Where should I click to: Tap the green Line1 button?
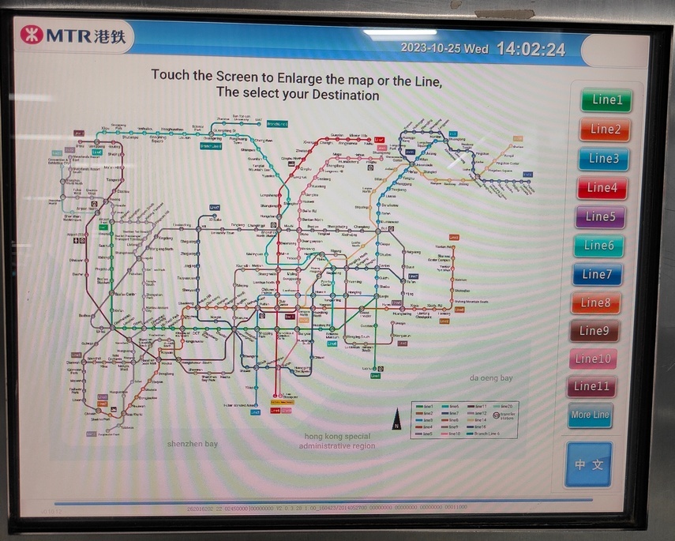(x=607, y=100)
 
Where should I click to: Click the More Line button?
(x=591, y=415)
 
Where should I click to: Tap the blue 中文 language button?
(x=588, y=464)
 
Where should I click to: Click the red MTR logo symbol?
(x=32, y=36)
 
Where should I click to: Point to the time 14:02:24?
(x=531, y=49)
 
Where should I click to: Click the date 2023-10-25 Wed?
(x=444, y=48)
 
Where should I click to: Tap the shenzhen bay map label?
(x=192, y=444)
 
